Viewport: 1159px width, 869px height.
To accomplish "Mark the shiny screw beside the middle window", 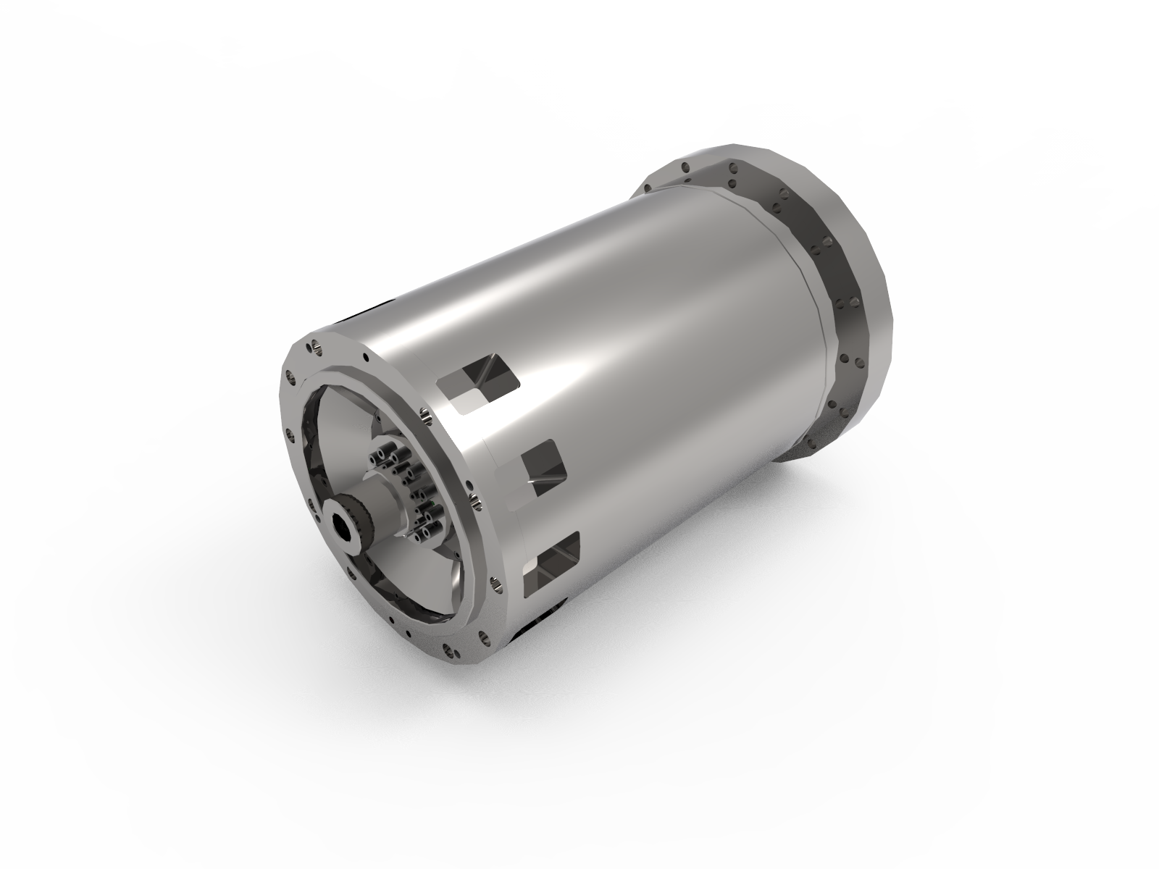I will [475, 502].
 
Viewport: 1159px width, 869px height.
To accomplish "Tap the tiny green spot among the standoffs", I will [432, 503].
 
